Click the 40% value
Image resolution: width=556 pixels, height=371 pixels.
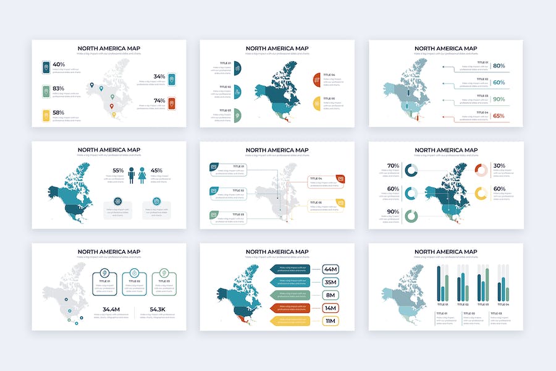pos(59,64)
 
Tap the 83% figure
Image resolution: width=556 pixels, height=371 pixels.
pos(59,88)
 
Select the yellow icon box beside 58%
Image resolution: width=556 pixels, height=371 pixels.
pos(46,115)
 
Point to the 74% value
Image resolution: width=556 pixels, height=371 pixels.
pos(159,101)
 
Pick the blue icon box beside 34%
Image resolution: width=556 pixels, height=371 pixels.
pos(172,79)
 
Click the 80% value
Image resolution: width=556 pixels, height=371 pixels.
pos(499,66)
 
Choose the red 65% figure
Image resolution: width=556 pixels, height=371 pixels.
pos(499,116)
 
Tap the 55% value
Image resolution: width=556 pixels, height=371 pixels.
pos(118,171)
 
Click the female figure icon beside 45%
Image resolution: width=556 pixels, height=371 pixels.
pos(143,176)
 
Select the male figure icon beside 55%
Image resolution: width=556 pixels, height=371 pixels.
pos(131,176)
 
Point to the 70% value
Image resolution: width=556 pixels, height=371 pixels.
pos(393,166)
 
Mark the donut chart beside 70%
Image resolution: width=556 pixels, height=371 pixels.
pos(411,170)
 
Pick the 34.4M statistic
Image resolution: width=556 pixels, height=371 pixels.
pos(111,309)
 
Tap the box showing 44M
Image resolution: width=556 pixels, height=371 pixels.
pos(330,269)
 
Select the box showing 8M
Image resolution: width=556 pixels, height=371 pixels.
pos(330,295)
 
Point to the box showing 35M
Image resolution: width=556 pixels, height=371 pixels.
pos(330,282)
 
